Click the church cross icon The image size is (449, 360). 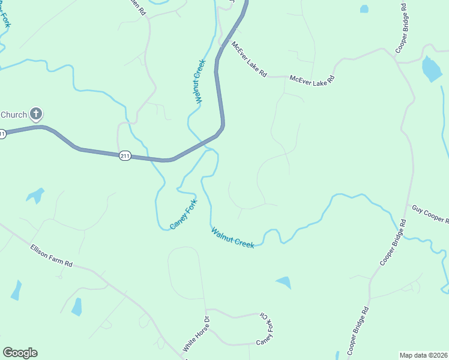36,113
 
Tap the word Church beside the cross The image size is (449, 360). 14,115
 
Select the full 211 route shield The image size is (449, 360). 124,156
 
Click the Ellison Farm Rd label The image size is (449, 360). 51,255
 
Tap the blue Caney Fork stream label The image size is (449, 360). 184,214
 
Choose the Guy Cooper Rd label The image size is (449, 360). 430,214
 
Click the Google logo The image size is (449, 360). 20,353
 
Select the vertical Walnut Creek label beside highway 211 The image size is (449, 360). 200,81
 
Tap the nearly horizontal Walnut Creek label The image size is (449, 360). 232,237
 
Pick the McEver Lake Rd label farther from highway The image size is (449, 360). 312,79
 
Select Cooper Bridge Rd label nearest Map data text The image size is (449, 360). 357,331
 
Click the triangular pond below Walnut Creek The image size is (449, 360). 284,282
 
